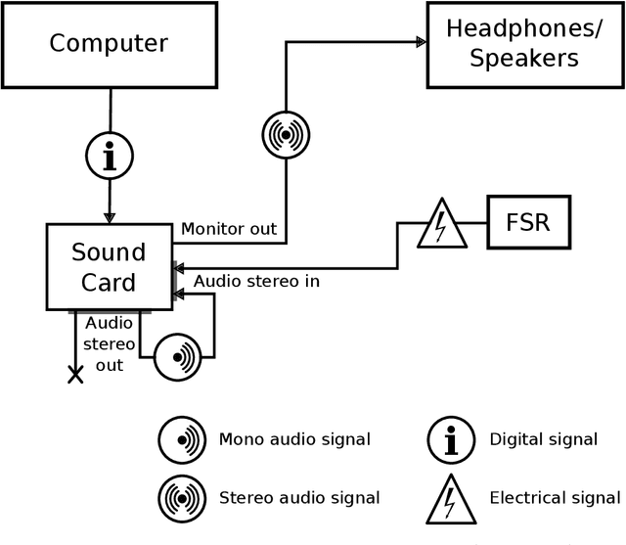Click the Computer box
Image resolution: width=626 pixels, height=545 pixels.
tap(109, 44)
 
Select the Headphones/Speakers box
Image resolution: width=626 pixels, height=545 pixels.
tap(524, 44)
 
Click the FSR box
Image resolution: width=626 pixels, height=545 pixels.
tap(529, 222)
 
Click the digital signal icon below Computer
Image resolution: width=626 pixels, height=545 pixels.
tap(110, 155)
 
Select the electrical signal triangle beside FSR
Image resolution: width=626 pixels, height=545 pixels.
tap(439, 224)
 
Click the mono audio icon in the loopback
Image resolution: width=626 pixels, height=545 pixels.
tap(178, 356)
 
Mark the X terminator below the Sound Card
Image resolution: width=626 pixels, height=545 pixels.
tap(75, 374)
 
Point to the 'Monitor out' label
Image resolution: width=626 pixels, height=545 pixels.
tap(228, 229)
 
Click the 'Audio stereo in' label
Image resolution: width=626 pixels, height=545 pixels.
tap(256, 281)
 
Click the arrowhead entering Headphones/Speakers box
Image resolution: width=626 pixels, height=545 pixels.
tap(421, 42)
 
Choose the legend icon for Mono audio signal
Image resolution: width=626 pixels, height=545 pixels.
tap(182, 439)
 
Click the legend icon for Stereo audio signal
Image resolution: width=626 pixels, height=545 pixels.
tap(182, 498)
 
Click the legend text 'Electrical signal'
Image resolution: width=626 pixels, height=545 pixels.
tap(555, 498)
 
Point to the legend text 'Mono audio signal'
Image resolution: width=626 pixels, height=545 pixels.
tap(294, 439)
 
